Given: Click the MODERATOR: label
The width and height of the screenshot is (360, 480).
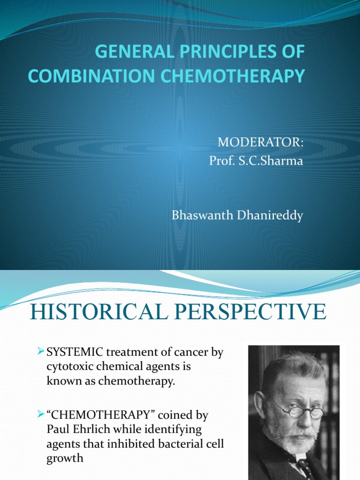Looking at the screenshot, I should pos(262,142).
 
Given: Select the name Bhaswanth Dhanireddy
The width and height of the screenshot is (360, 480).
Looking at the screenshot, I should pos(238,216).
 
